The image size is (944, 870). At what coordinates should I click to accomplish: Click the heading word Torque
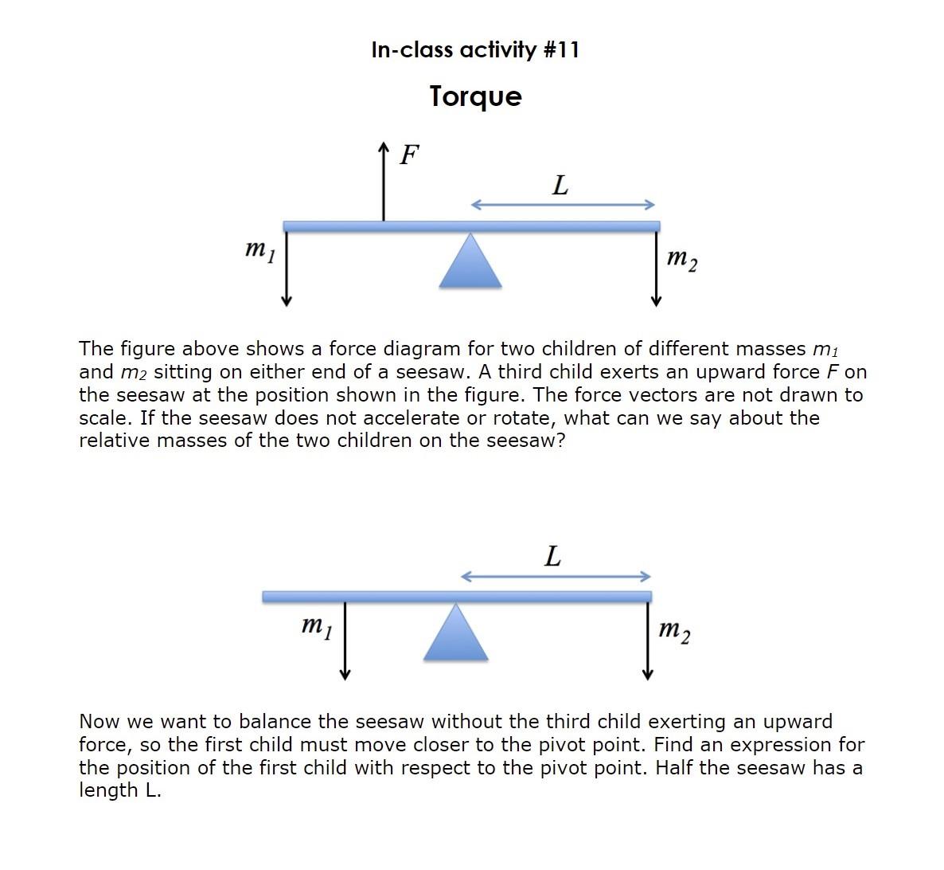[475, 96]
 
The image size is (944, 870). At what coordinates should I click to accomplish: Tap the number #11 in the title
[561, 50]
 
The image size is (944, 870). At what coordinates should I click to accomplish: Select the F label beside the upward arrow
[409, 155]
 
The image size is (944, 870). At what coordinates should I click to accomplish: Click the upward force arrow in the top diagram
[384, 182]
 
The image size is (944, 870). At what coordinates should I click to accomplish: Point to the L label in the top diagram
[560, 186]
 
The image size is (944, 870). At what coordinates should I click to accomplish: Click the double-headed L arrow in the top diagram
[562, 205]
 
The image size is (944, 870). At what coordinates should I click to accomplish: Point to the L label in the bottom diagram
[552, 556]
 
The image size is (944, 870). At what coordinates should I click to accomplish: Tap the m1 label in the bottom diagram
[317, 627]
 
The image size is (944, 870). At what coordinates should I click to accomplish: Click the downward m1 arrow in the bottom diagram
[345, 641]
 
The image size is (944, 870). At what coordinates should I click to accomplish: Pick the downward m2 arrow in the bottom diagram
[648, 641]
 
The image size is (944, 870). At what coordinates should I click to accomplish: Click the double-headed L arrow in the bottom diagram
[556, 576]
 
